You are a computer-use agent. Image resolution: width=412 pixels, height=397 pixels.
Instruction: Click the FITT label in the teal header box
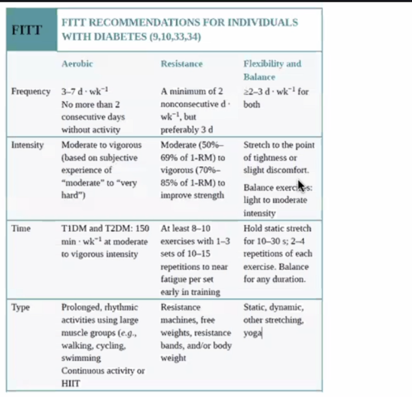[x=27, y=30]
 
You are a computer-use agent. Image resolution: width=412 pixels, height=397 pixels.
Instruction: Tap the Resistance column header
[x=181, y=64]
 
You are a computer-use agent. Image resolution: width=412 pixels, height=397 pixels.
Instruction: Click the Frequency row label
[x=31, y=91]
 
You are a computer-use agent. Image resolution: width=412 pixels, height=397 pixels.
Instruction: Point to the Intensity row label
[x=27, y=145]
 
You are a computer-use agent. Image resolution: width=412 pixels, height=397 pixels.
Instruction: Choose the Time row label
[x=21, y=229]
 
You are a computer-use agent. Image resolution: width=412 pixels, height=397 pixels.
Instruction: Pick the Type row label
[x=21, y=307]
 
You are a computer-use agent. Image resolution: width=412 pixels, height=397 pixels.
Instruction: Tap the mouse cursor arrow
[x=300, y=185]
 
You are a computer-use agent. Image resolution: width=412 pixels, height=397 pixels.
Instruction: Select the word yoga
[x=252, y=333]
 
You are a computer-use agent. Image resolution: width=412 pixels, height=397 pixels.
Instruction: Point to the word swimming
[x=80, y=358]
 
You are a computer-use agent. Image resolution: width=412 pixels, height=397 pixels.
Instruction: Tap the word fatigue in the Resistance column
[x=174, y=279]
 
